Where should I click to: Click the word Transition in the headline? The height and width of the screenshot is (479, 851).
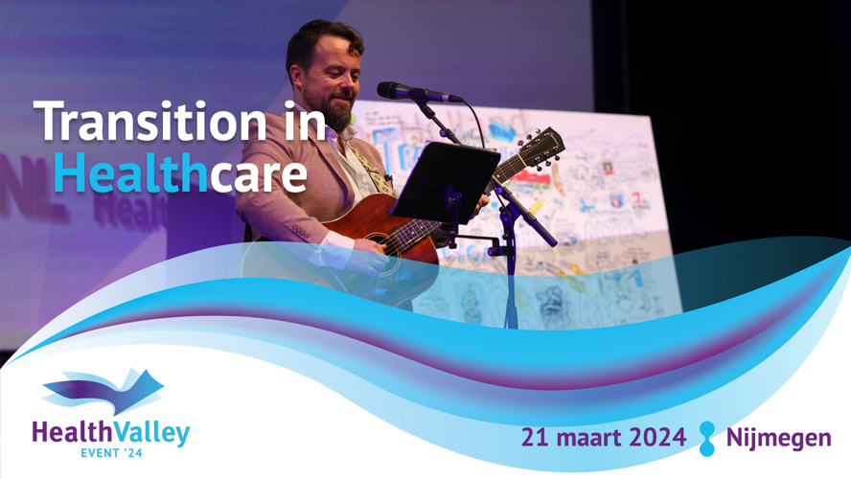pyautogui.click(x=150, y=122)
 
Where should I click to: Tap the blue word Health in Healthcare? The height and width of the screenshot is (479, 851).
pyautogui.click(x=130, y=171)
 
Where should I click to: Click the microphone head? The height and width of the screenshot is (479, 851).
pyautogui.click(x=394, y=90)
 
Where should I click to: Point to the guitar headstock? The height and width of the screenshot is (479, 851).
pyautogui.click(x=539, y=147)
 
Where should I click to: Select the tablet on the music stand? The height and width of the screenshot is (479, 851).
pyautogui.click(x=445, y=182)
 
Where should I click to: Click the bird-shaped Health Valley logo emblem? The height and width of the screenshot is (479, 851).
pyautogui.click(x=103, y=390)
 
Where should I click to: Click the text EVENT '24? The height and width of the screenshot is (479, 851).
pyautogui.click(x=111, y=453)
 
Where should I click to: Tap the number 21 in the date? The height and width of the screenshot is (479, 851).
pyautogui.click(x=537, y=437)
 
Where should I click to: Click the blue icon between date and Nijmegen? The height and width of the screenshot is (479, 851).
pyautogui.click(x=706, y=439)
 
